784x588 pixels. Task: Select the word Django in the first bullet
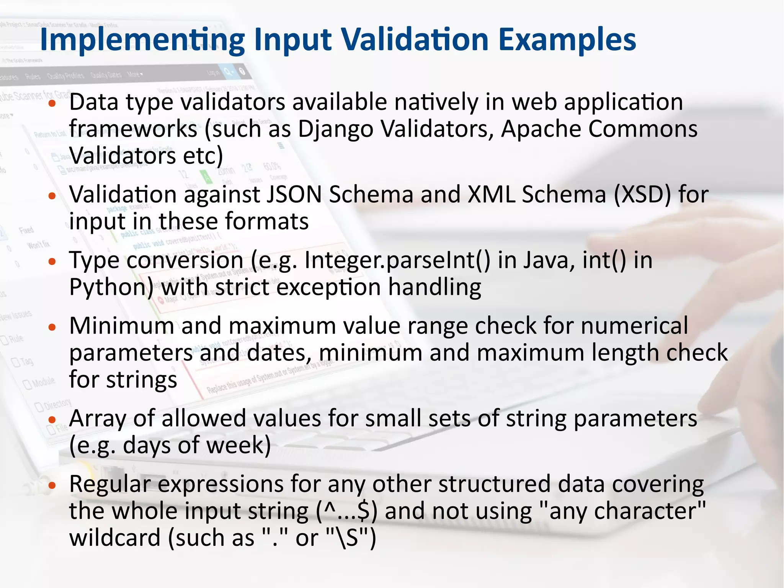(335, 129)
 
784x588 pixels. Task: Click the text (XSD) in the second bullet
(643, 195)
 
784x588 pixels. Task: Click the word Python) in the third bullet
(111, 288)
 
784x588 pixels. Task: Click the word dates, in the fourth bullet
(279, 353)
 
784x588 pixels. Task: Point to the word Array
(97, 418)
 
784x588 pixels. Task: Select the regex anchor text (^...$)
(347, 511)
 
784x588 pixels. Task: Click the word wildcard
(115, 538)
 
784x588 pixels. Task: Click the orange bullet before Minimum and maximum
(52, 327)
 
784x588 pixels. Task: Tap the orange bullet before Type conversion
(52, 262)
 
